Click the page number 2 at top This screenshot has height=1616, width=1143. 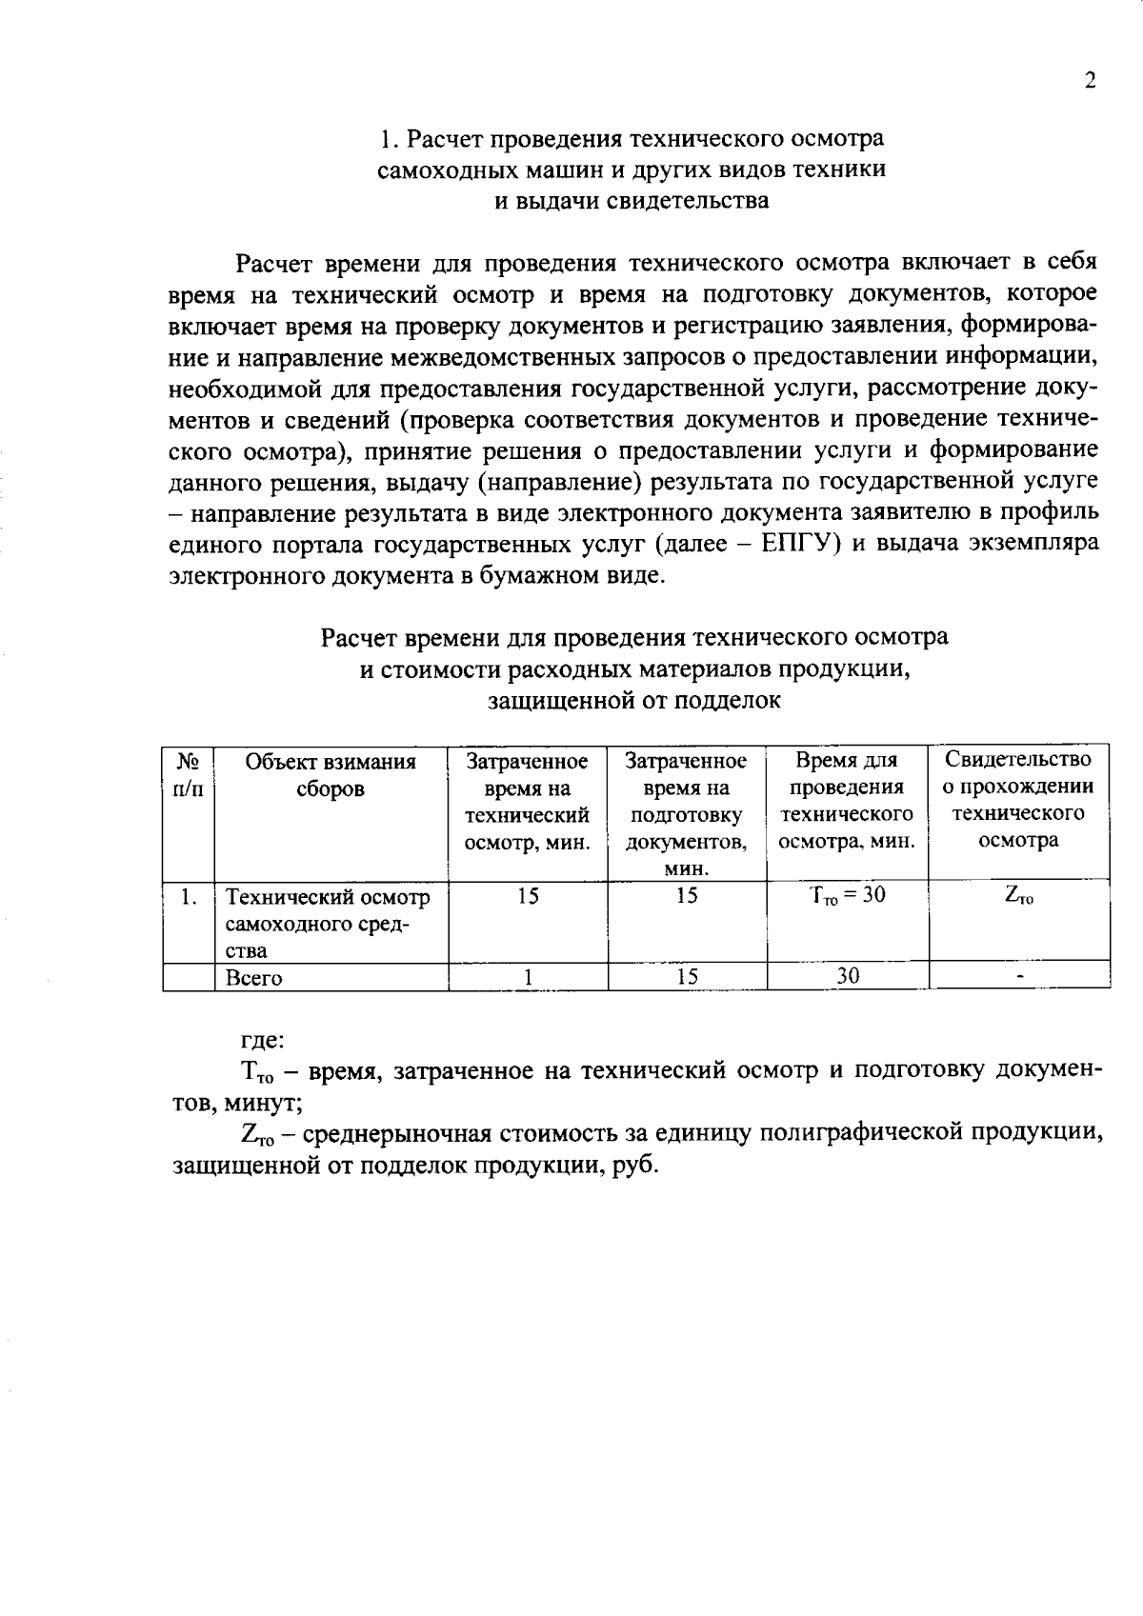point(1091,81)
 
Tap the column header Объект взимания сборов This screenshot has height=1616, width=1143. point(331,775)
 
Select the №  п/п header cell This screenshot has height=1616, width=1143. point(188,775)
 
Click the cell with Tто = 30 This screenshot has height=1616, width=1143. point(847,896)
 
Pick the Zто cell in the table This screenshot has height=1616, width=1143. point(1018,896)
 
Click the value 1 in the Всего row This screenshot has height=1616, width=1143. point(527,977)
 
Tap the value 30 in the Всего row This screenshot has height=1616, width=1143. point(847,976)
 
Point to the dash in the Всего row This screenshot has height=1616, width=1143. point(1019,977)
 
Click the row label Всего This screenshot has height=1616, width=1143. point(253,978)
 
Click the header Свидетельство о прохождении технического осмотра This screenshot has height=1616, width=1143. point(1018,800)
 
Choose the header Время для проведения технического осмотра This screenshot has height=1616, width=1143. point(847,800)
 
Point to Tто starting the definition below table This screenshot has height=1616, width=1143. point(258,1072)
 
